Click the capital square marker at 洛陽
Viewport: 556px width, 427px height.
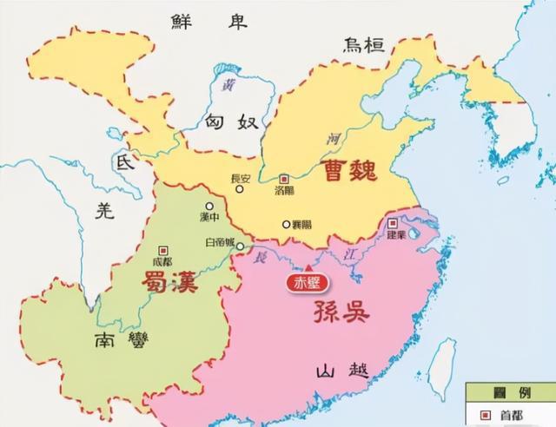point(283,177)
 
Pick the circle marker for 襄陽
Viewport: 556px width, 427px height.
point(285,224)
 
